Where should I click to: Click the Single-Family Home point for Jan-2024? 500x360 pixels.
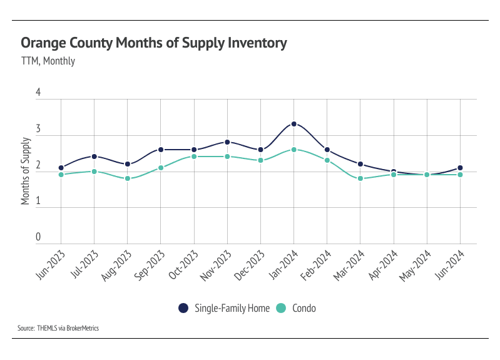coord(293,124)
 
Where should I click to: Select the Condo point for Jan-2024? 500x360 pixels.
coord(293,150)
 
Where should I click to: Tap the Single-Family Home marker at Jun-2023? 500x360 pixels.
coord(61,168)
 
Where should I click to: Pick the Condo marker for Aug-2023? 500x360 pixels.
coord(128,178)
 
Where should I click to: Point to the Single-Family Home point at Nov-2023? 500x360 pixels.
coord(227,142)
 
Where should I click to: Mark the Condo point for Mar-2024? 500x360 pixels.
coord(360,178)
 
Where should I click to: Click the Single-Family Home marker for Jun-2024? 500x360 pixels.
coord(461,168)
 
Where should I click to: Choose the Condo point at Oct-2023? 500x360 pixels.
coord(194,157)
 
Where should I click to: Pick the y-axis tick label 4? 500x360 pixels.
coord(38,93)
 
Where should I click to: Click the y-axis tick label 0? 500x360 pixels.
coord(38,237)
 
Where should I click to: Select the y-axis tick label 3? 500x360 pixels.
coord(38,129)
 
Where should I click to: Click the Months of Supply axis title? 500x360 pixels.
coord(26,170)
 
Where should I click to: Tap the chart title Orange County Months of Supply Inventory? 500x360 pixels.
coord(154,43)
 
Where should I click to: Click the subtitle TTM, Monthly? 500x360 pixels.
coord(48,61)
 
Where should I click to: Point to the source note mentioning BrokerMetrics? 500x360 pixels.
coord(58,328)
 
